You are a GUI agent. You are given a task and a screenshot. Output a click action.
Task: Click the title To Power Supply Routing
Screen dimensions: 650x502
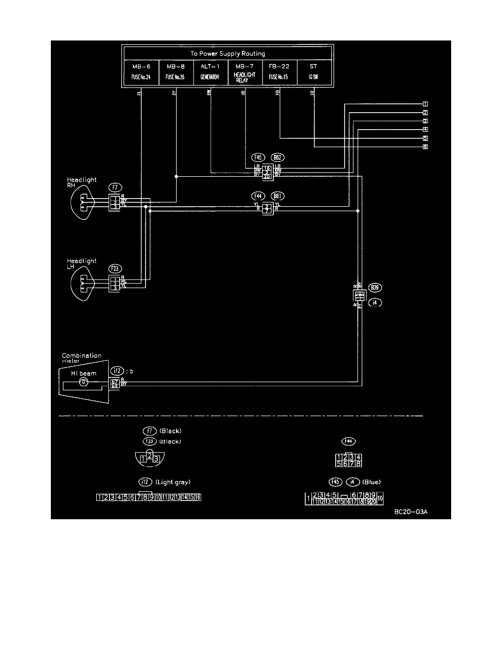tap(227, 54)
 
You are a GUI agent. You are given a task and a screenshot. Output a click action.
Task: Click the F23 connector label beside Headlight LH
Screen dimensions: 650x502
tap(114, 269)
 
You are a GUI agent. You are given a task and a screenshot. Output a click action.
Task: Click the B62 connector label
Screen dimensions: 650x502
tap(279, 157)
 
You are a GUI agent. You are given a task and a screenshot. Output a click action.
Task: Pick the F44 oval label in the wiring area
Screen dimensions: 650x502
tap(257, 195)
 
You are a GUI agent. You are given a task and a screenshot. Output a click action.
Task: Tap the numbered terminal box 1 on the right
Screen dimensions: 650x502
tap(424, 104)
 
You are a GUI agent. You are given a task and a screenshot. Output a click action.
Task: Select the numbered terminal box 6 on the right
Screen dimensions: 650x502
tap(424, 147)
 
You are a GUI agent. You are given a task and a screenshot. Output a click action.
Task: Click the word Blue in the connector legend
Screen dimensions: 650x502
tap(371, 481)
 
